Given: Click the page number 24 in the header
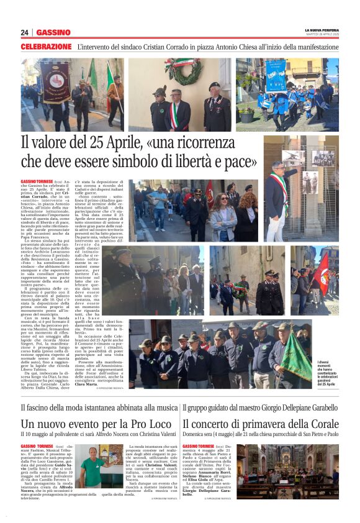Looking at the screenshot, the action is [25, 32].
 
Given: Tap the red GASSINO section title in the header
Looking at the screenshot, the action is [53, 32].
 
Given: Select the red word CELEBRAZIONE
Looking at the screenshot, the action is [46, 47].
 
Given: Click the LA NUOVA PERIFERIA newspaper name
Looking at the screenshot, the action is [322, 30].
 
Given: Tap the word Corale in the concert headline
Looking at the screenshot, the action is [321, 424].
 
